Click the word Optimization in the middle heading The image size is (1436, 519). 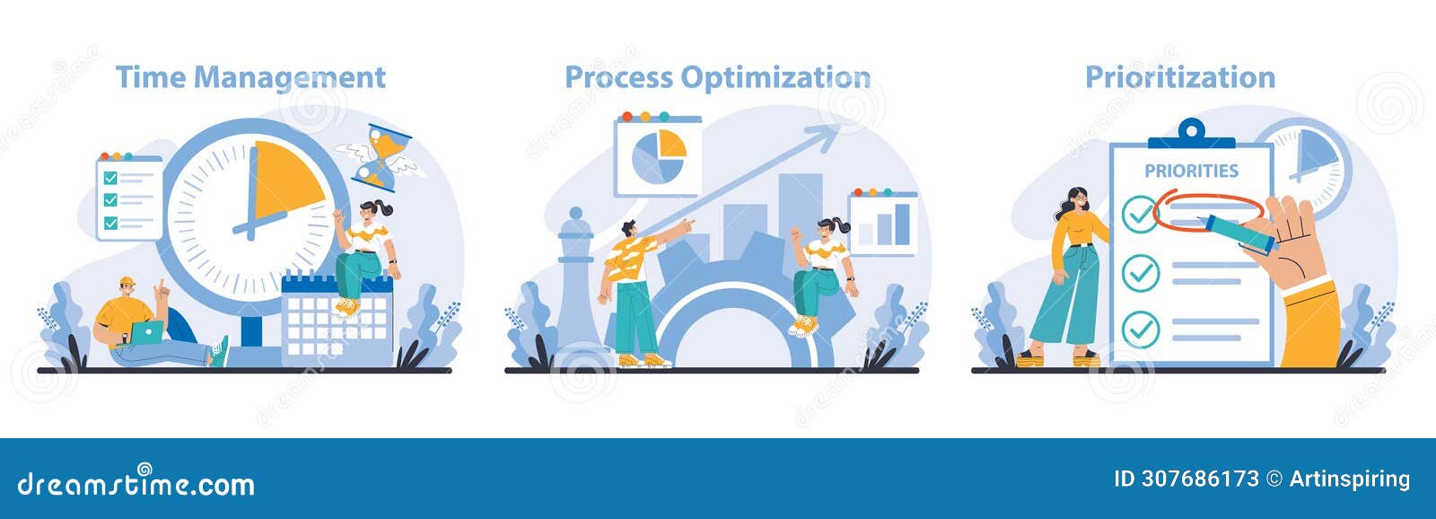click(775, 78)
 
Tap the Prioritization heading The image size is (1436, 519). click(1179, 77)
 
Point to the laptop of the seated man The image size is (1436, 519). click(145, 332)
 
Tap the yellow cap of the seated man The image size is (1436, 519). click(127, 281)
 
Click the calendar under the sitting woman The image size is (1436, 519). click(337, 319)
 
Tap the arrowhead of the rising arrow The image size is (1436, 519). click(822, 135)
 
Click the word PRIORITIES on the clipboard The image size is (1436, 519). click(1191, 171)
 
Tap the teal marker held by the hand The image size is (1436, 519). click(1239, 233)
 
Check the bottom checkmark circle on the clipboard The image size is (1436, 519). click(1141, 329)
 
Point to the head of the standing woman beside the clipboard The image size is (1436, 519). click(1075, 199)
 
